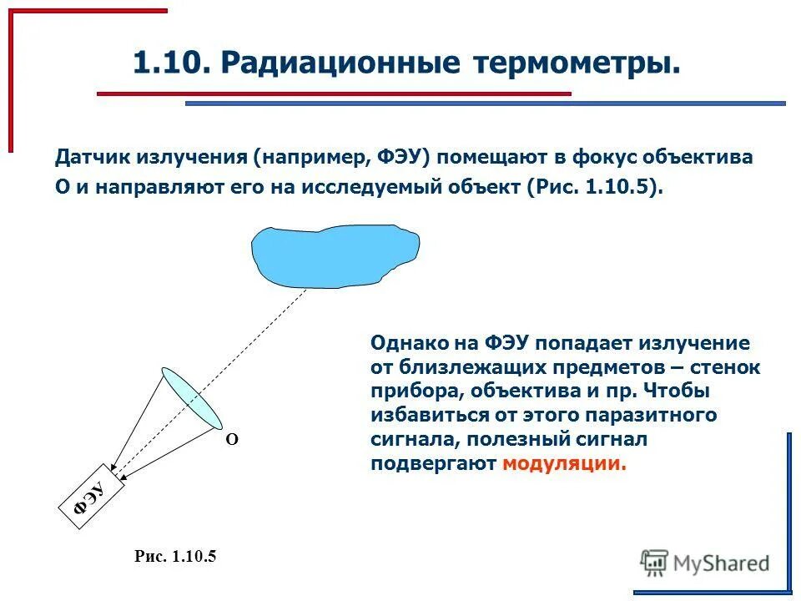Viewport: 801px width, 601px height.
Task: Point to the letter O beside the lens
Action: coord(232,439)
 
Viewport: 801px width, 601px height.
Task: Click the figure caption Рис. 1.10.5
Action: coord(175,557)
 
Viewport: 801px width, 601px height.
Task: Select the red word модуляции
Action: coord(563,464)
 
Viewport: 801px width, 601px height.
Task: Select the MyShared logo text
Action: coord(721,563)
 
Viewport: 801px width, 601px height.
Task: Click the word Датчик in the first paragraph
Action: coord(90,157)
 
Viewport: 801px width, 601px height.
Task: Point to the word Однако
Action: coord(411,343)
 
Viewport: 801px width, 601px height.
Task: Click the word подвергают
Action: coord(433,464)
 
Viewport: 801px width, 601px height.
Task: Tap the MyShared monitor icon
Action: coord(654,562)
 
